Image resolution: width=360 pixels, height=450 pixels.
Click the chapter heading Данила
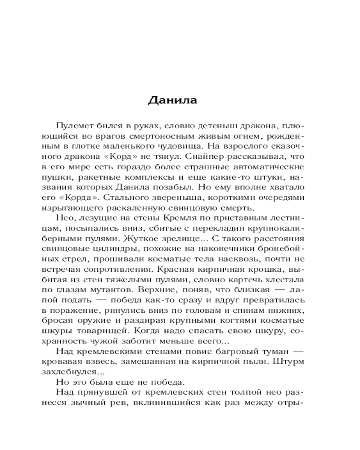[172, 100]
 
